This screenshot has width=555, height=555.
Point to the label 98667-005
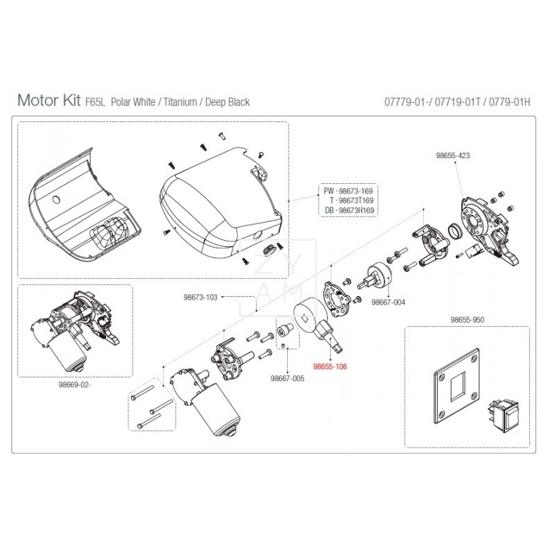287,379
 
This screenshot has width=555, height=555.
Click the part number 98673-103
200,297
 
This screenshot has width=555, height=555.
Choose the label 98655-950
466,321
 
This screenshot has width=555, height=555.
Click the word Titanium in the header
184,102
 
